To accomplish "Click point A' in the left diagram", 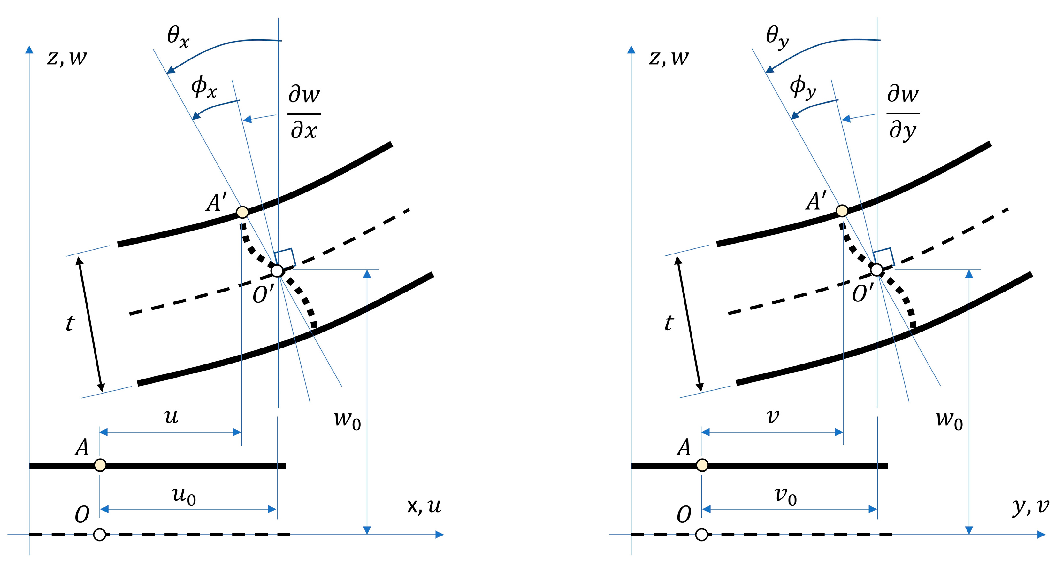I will [x=242, y=212].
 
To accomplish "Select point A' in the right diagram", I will [x=842, y=211].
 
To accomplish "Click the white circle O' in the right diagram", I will [x=876, y=270].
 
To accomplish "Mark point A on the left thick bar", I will [x=100, y=465].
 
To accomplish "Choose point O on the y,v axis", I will [x=701, y=535].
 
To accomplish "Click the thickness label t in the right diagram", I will [x=669, y=323].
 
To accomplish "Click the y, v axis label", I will [x=1030, y=506].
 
